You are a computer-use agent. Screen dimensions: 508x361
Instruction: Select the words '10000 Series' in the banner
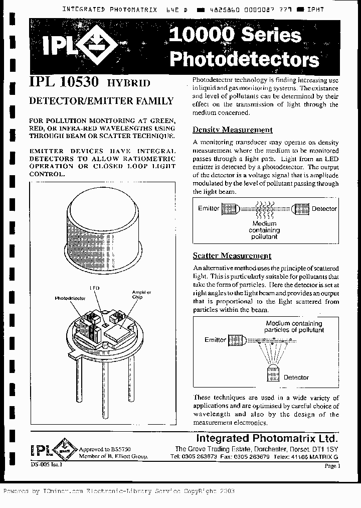coord(235,35)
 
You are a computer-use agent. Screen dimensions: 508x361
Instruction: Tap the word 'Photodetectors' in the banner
coord(244,59)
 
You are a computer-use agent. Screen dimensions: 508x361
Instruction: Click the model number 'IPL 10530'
coord(66,83)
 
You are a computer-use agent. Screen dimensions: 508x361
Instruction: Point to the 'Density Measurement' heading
coord(233,130)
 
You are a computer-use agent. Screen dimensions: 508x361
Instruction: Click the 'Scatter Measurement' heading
coord(232,256)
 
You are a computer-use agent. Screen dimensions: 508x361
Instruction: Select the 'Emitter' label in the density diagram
coord(209,208)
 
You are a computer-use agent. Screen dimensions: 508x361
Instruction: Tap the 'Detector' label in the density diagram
coord(324,208)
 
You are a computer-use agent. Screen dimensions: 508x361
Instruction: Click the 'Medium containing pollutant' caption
coord(264,230)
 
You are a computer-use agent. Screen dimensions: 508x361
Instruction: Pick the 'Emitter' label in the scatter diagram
coord(215,340)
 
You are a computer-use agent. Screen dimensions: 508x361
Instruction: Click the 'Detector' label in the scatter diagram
coord(296,377)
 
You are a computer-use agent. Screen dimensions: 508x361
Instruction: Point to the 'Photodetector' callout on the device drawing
coord(71,298)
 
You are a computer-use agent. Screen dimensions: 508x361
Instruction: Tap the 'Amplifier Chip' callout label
coord(137,294)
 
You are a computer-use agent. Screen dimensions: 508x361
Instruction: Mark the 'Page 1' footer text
coord(332,466)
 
